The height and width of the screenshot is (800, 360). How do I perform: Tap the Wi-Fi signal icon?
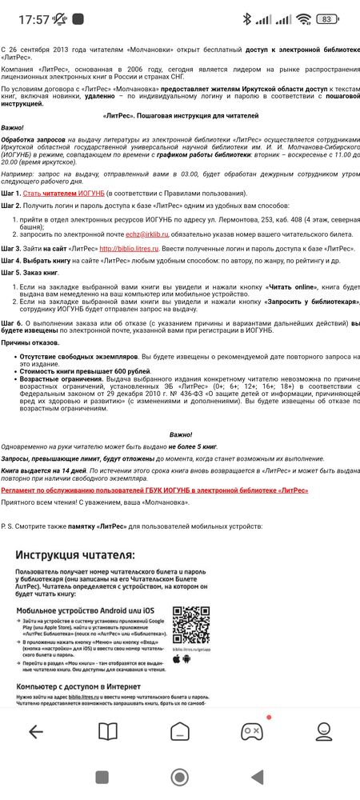(x=302, y=18)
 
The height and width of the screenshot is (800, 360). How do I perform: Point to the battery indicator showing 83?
(x=326, y=18)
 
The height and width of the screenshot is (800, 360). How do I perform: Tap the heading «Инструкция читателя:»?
(x=77, y=554)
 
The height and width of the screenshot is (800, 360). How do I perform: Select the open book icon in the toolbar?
(x=107, y=730)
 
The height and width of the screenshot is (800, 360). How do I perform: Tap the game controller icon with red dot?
(x=252, y=730)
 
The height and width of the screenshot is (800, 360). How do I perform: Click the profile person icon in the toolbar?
(x=324, y=730)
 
